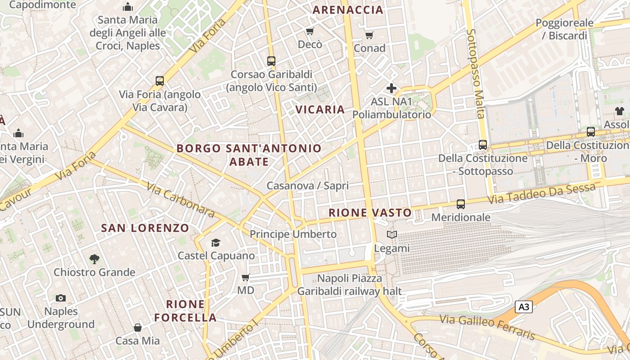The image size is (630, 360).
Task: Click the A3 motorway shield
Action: [x=524, y=307]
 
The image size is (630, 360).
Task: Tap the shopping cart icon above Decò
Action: [x=310, y=31]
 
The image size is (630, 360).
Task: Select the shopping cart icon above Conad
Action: [x=369, y=35]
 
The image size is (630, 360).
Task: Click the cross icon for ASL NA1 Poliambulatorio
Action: [x=391, y=88]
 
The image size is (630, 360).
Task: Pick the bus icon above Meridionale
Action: [x=460, y=204]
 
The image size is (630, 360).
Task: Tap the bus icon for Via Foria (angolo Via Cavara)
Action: [x=160, y=81]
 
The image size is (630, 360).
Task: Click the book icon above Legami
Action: [x=392, y=235]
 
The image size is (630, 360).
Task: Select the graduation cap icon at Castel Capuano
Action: [x=216, y=243]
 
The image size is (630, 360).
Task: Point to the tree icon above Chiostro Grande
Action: [x=94, y=259]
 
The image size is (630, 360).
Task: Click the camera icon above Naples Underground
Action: [x=61, y=298]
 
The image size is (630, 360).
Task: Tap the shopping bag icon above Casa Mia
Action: [x=138, y=328]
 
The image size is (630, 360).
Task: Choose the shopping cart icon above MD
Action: [x=246, y=277]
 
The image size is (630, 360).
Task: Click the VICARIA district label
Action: [x=320, y=109]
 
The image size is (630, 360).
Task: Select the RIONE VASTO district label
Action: [x=370, y=213]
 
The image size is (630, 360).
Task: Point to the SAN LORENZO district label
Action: [x=145, y=228]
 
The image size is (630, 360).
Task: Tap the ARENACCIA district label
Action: [x=348, y=10]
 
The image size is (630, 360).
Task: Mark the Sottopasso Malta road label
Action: [x=476, y=74]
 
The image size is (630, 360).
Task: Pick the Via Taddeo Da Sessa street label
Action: [x=542, y=194]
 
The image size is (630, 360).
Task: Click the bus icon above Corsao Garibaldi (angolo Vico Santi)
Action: [x=271, y=61]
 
